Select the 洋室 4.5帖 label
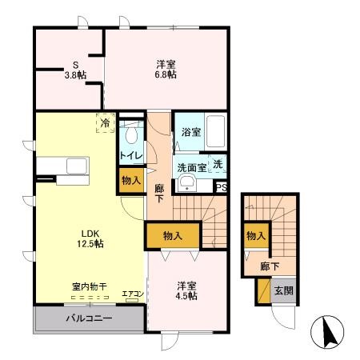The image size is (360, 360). (x=187, y=290)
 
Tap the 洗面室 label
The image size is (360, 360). (x=191, y=168)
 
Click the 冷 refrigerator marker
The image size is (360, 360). (x=104, y=123)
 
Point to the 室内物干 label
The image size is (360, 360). (x=88, y=286)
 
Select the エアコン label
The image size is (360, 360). (x=132, y=294)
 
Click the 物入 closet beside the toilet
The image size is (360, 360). (x=130, y=181)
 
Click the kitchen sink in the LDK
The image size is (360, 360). (x=78, y=166)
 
